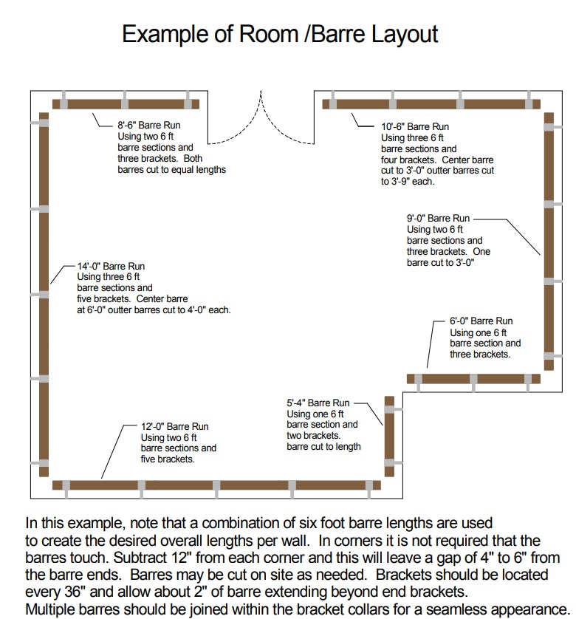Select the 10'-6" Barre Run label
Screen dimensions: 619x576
click(x=415, y=127)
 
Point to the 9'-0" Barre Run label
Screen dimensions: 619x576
click(x=438, y=219)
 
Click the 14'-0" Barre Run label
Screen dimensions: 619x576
click(x=111, y=266)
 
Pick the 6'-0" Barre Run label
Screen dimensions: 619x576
click(x=481, y=321)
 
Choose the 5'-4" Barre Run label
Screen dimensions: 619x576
click(x=319, y=403)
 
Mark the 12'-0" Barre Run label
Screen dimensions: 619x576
click(x=175, y=427)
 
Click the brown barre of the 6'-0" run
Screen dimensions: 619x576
click(x=473, y=379)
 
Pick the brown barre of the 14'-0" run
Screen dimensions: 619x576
click(x=44, y=295)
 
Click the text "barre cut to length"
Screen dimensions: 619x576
click(x=323, y=446)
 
